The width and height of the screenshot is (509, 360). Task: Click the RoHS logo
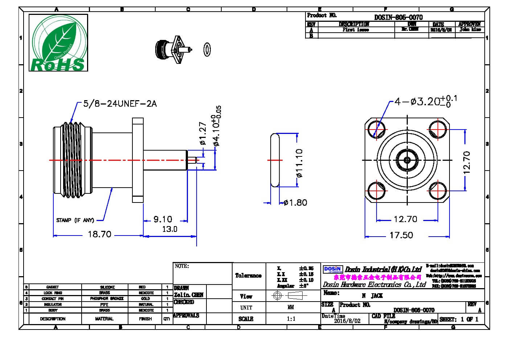click(x=58, y=43)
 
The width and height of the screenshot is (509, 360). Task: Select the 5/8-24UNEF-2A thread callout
click(x=120, y=104)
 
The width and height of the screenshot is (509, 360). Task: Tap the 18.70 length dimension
click(x=99, y=234)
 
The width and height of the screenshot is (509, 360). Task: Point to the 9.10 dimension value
click(x=163, y=219)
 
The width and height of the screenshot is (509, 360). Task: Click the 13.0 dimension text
click(x=169, y=229)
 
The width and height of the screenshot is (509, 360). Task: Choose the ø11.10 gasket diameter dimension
click(x=299, y=163)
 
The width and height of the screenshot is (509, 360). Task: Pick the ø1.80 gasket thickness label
click(x=295, y=202)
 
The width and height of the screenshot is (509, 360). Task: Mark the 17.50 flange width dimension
click(x=401, y=235)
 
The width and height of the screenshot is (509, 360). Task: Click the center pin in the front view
click(x=407, y=160)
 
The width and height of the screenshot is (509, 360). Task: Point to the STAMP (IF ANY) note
click(x=75, y=220)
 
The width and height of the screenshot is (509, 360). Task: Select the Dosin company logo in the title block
click(x=333, y=269)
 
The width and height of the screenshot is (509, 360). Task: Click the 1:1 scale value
click(x=291, y=319)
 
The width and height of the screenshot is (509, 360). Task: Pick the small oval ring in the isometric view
click(x=208, y=49)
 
